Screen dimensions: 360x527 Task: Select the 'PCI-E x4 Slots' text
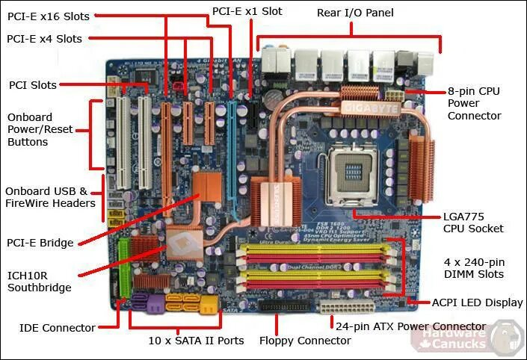(44, 39)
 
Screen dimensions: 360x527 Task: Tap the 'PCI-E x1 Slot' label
(247, 11)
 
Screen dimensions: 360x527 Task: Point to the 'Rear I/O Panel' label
(355, 13)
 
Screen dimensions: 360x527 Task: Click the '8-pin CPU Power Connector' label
(474, 103)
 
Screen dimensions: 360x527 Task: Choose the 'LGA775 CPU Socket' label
(473, 223)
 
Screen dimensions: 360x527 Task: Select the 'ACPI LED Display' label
(477, 303)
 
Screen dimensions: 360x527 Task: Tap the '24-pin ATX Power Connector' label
(410, 326)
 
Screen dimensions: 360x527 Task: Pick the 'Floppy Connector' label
(305, 341)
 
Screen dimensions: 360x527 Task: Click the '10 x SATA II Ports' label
(197, 341)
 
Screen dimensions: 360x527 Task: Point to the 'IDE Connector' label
(58, 328)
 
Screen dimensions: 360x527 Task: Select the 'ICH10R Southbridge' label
(40, 281)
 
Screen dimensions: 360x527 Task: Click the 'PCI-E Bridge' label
(40, 243)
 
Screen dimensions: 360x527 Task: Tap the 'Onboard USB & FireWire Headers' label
(50, 197)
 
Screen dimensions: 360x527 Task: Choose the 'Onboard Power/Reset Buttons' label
(40, 130)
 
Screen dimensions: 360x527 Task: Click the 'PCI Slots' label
(33, 85)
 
